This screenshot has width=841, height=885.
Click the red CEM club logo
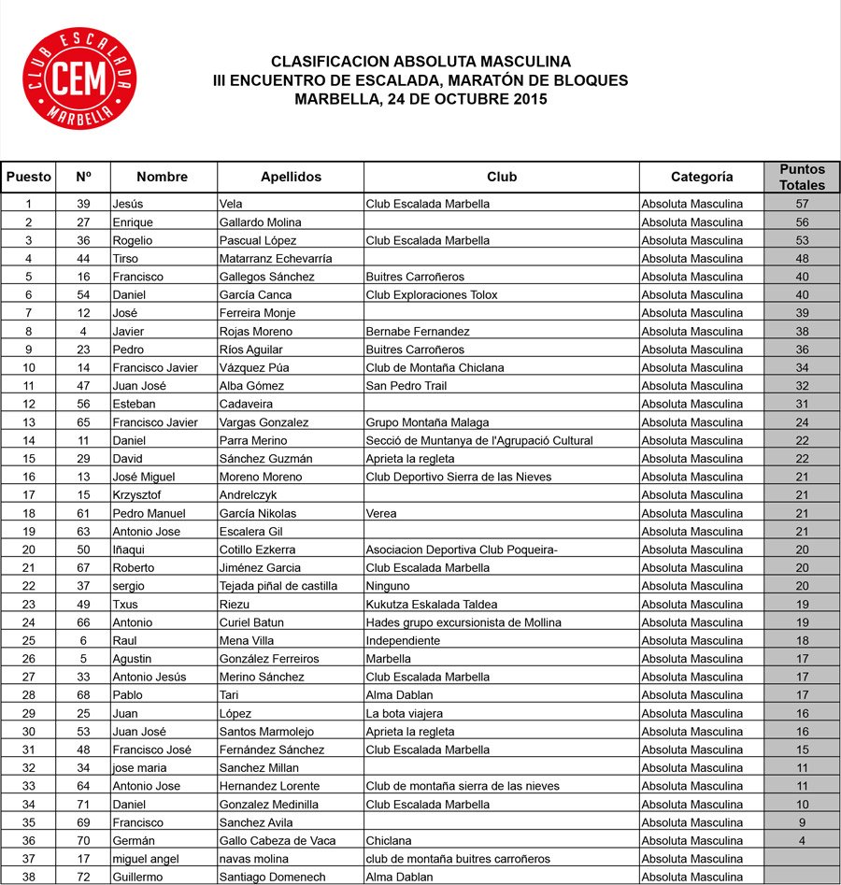(x=79, y=79)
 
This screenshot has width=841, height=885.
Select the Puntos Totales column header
(x=802, y=177)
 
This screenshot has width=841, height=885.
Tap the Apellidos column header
(x=291, y=177)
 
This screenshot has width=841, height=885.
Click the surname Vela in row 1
(x=231, y=204)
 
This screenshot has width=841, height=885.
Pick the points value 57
(x=802, y=204)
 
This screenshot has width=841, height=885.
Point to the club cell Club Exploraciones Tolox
(x=432, y=295)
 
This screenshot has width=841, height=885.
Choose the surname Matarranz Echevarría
(x=276, y=259)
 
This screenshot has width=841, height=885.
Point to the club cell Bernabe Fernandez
(x=418, y=332)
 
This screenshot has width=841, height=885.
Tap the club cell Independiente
(x=403, y=641)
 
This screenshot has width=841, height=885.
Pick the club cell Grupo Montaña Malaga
(x=427, y=422)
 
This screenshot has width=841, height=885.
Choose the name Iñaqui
(x=132, y=550)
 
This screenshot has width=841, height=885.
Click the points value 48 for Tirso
(x=802, y=259)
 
